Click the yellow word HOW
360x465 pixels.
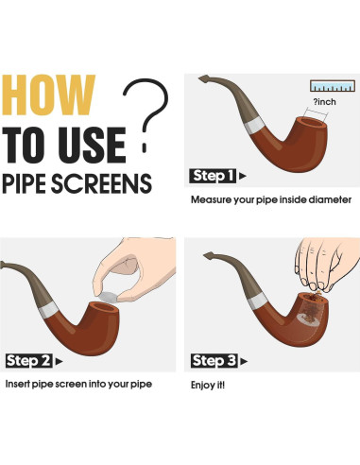click(x=48, y=95)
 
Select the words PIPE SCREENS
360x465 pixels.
click(x=77, y=183)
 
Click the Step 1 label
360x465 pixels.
click(x=213, y=176)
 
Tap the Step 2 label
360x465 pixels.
click(x=28, y=361)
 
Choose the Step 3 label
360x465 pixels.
click(x=214, y=361)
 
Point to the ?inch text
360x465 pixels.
click(x=324, y=102)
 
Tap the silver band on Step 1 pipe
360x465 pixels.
click(x=255, y=125)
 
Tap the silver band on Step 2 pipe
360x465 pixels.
click(x=49, y=309)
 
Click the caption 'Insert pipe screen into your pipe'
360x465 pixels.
click(x=78, y=384)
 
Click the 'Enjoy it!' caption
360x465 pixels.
click(x=208, y=385)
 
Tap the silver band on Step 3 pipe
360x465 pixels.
click(x=258, y=301)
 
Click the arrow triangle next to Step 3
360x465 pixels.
click(x=244, y=361)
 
